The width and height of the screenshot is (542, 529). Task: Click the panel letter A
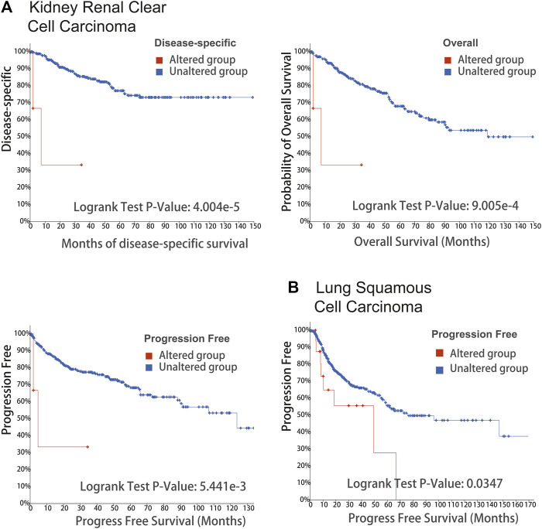pyautogui.click(x=9, y=11)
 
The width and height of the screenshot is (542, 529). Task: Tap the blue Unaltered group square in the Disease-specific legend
pyautogui.click(x=158, y=71)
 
